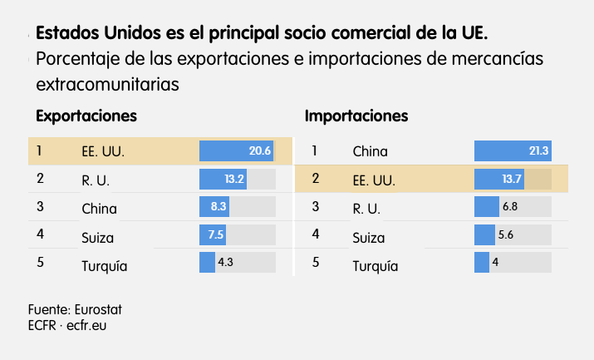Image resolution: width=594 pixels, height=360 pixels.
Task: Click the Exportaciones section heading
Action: pyautogui.click(x=86, y=116)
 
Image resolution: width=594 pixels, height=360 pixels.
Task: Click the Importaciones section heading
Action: pyautogui.click(x=356, y=116)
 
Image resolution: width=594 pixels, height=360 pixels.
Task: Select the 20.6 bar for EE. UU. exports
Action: pyautogui.click(x=236, y=151)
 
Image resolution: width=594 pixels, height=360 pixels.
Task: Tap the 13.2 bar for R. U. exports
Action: pyautogui.click(x=223, y=180)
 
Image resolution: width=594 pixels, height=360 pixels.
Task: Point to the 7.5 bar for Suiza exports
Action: pyautogui.click(x=213, y=235)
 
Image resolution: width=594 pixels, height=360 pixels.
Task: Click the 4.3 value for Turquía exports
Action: pyautogui.click(x=225, y=263)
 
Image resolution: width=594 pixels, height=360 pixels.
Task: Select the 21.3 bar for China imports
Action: pyautogui.click(x=513, y=151)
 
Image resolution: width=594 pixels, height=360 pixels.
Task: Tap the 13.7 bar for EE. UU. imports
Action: pyautogui.click(x=500, y=180)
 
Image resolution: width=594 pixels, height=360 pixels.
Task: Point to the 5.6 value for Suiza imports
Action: pyautogui.click(x=506, y=235)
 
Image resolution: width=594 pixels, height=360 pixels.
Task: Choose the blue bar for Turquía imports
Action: pyautogui.click(x=482, y=263)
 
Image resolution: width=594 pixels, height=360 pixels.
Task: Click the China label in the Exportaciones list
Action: pyautogui.click(x=99, y=209)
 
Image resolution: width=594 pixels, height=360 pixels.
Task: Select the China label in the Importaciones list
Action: pyautogui.click(x=370, y=151)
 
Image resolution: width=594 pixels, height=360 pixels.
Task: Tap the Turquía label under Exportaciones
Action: pyautogui.click(x=104, y=267)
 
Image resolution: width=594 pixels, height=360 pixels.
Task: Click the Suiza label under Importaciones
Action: pyautogui.click(x=370, y=238)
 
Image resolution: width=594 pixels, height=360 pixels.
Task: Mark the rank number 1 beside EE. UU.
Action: pyautogui.click(x=39, y=150)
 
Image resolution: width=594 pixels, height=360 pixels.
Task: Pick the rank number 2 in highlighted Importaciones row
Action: pyautogui.click(x=316, y=178)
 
